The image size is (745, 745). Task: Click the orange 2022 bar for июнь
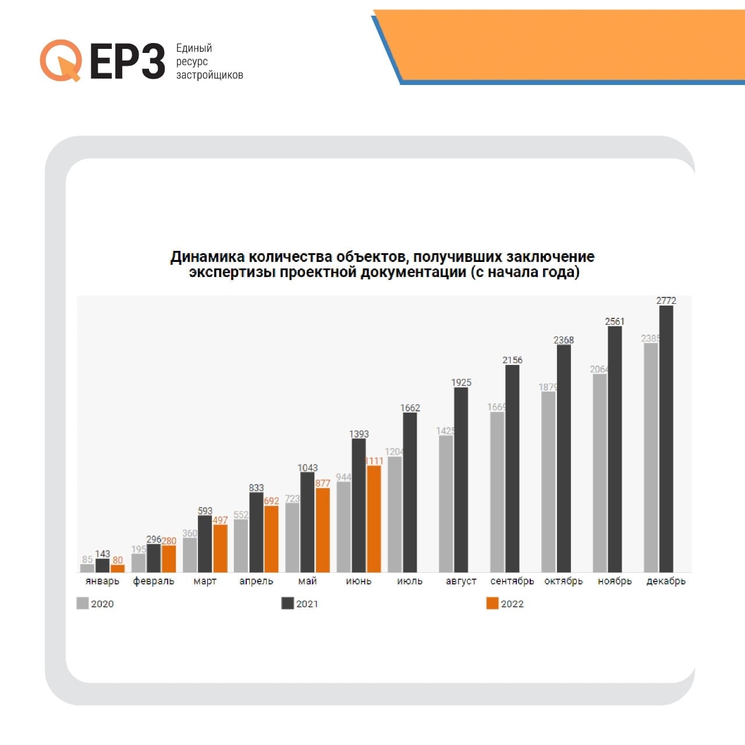374,519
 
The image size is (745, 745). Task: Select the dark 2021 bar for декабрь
666,439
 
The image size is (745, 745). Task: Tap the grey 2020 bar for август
446,503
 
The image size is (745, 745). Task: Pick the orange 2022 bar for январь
118,568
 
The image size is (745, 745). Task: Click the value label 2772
666,300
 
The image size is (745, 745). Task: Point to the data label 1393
359,434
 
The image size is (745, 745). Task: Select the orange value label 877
322,483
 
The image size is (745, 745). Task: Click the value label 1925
461,382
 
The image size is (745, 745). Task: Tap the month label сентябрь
512,581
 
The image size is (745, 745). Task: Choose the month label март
205,581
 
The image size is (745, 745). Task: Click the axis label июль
410,581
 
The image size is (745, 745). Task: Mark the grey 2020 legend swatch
83,603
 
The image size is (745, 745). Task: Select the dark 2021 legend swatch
288,603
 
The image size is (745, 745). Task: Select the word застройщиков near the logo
210,75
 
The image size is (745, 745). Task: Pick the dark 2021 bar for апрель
256,532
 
